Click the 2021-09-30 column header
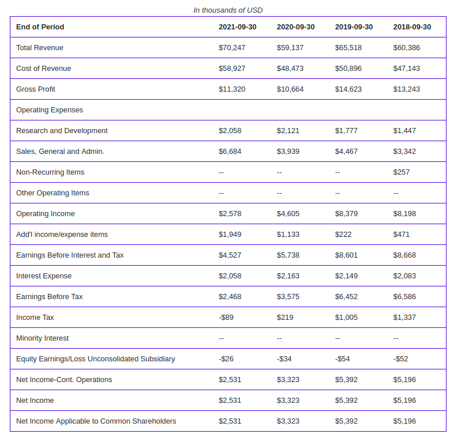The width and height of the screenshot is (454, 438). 238,27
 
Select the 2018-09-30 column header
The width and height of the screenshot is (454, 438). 412,27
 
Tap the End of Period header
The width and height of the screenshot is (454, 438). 40,27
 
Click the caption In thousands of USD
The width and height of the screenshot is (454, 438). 228,10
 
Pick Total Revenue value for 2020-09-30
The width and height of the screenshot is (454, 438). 290,48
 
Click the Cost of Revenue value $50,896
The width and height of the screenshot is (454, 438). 348,69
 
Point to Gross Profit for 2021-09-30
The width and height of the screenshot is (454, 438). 232,89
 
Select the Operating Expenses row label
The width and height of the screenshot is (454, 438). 50,110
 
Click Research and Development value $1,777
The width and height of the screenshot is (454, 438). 346,131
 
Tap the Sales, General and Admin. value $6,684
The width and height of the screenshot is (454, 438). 230,152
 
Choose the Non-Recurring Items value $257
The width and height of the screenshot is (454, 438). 402,172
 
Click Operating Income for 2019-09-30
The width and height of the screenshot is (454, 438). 346,214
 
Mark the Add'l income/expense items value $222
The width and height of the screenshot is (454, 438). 343,235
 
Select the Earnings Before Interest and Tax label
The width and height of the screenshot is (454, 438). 70,255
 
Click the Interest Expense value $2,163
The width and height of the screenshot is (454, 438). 288,276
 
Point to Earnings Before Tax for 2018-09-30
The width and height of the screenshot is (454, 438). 404,297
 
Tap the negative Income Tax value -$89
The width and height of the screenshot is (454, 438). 226,318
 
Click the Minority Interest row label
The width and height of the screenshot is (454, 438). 42,338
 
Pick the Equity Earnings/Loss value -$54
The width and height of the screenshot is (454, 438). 342,359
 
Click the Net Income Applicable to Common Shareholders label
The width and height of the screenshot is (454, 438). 96,421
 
